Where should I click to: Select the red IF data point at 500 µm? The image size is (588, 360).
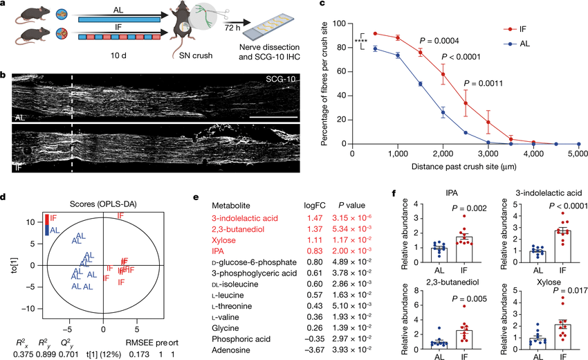tap(375, 33)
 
